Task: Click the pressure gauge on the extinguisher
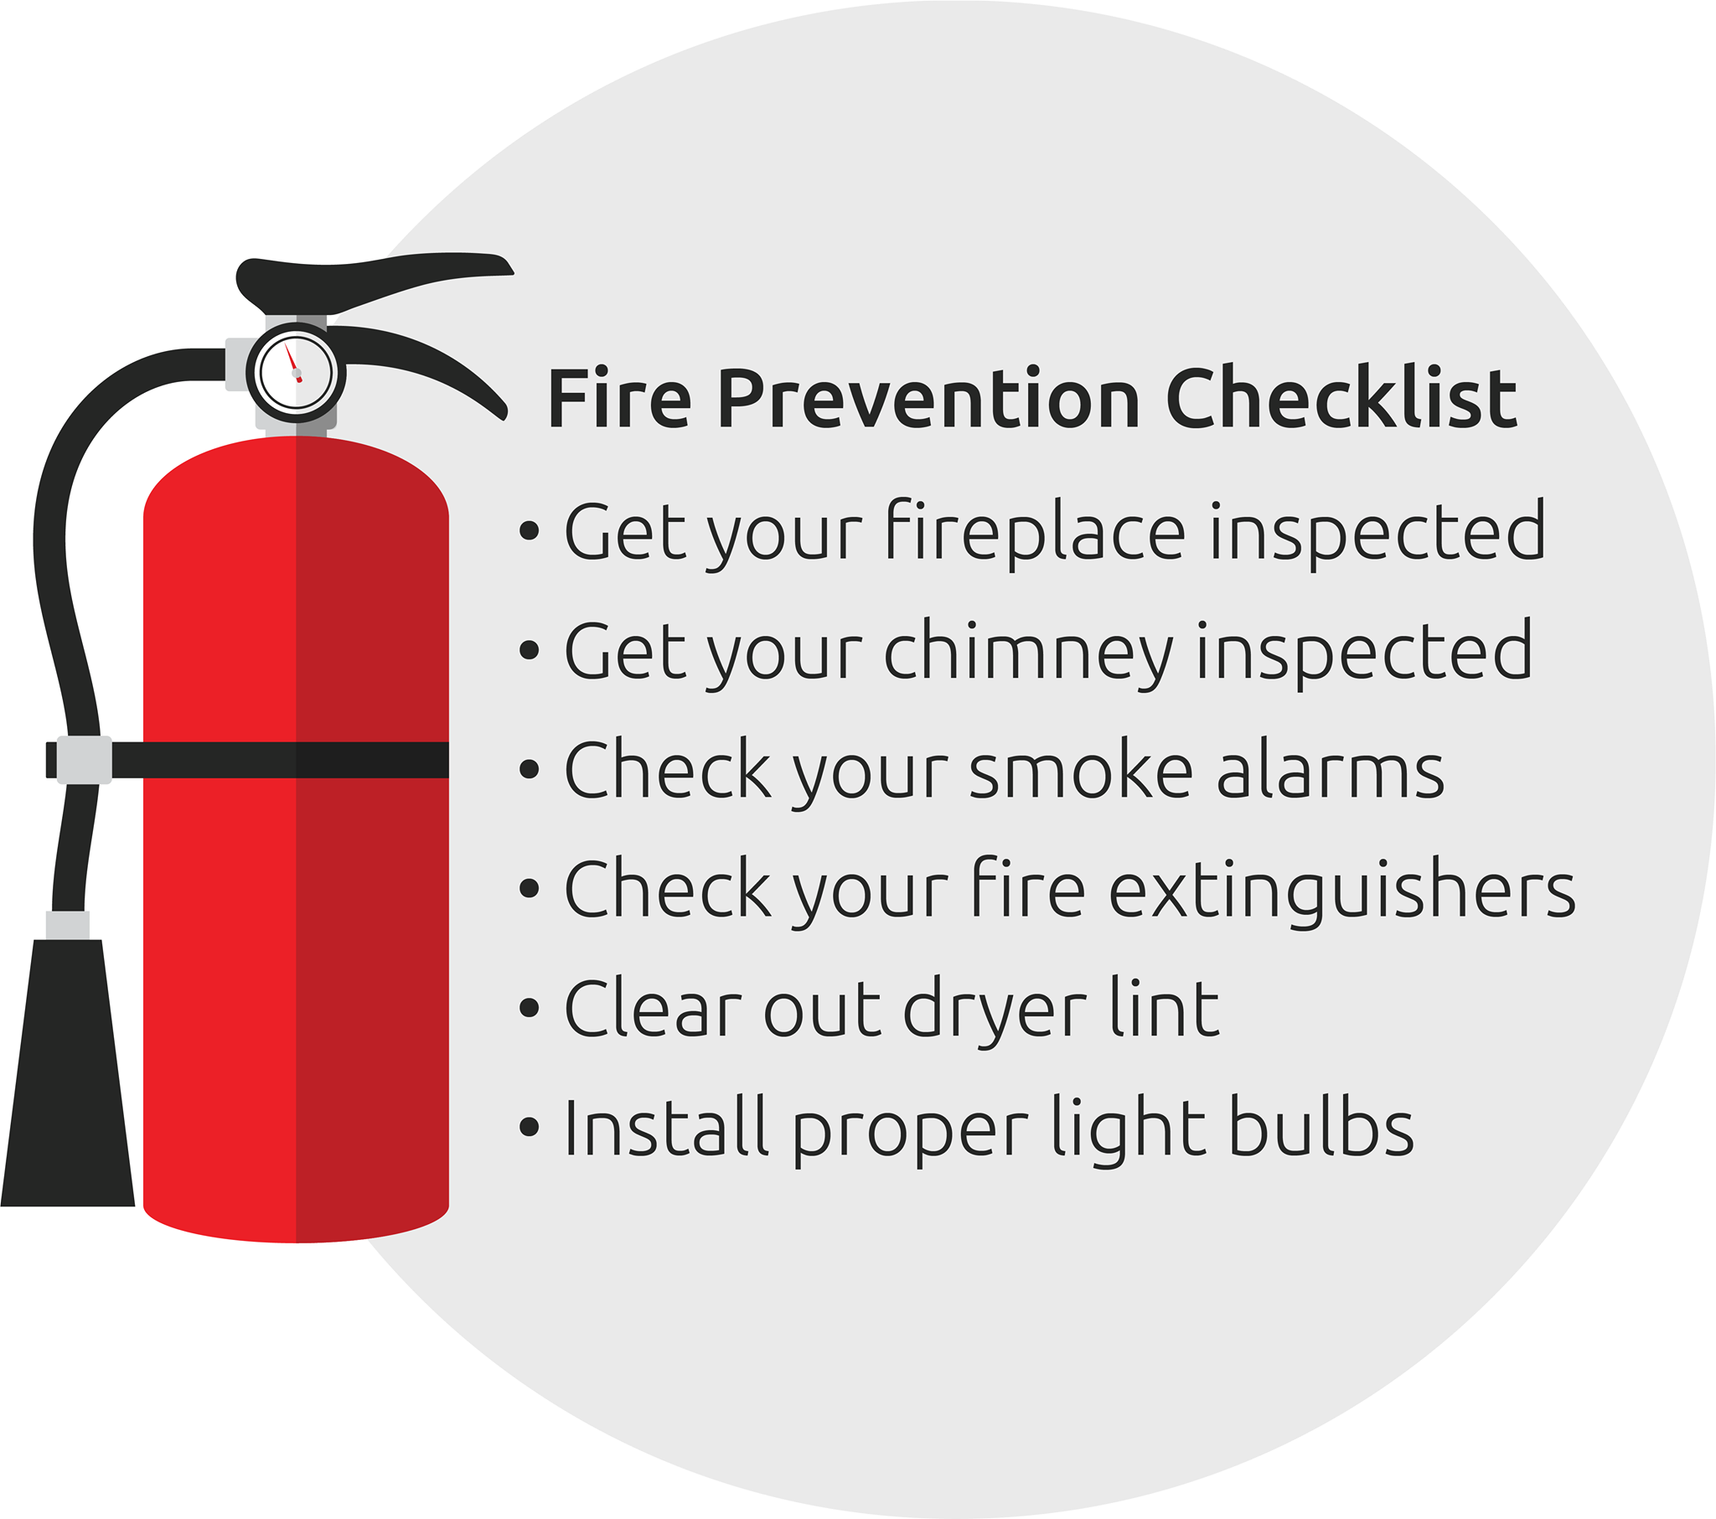[x=296, y=373]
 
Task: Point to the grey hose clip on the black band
[x=85, y=760]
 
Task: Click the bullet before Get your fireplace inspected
[x=529, y=530]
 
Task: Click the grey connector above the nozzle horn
[x=68, y=925]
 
